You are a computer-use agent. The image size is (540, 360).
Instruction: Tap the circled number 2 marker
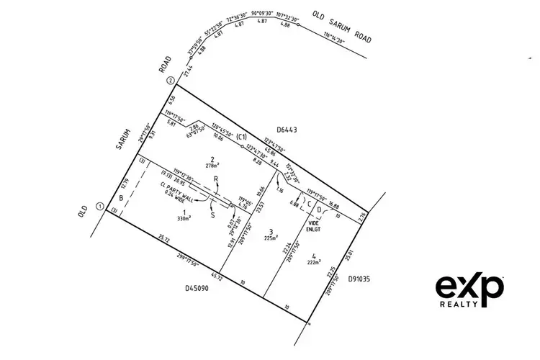pyautogui.click(x=171, y=81)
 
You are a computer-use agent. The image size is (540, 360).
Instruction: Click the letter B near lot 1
pyautogui.click(x=122, y=197)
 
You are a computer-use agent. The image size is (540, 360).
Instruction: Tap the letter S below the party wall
pyautogui.click(x=212, y=214)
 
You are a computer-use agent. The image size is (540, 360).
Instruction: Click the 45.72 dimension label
pyautogui.click(x=215, y=274)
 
